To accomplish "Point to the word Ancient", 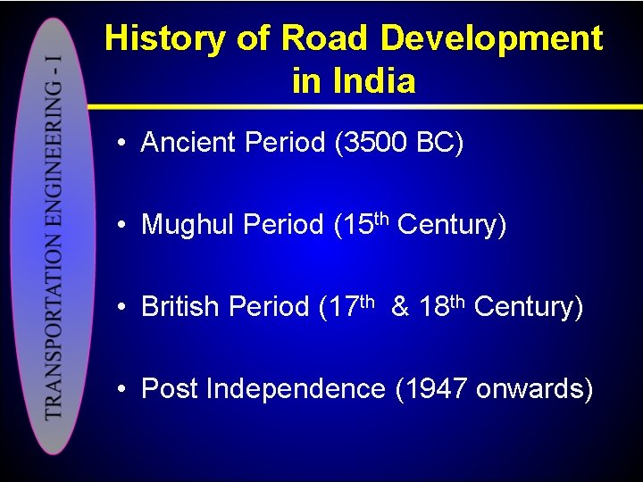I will [189, 143].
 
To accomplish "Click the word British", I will [180, 307].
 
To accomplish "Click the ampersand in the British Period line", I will [401, 307].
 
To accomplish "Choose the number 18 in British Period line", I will [434, 307].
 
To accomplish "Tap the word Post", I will [170, 389].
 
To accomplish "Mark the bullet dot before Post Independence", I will [121, 390].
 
